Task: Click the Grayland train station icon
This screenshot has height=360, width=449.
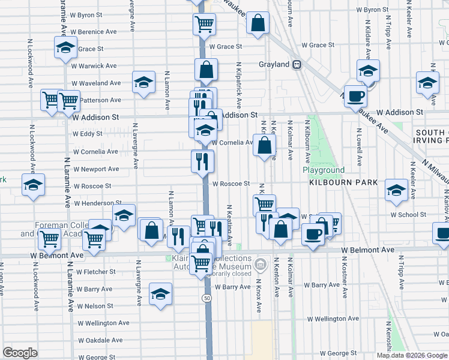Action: click(297, 65)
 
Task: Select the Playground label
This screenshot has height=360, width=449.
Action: click(323, 170)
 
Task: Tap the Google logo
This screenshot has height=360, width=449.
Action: click(20, 353)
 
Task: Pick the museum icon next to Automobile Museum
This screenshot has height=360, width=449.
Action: click(261, 264)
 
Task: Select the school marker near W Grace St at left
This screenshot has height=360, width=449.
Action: click(65, 48)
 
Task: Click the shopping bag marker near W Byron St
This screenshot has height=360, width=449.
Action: click(258, 23)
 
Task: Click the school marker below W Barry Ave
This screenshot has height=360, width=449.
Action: click(160, 294)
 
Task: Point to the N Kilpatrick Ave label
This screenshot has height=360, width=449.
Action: click(238, 84)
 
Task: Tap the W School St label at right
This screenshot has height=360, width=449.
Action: click(408, 214)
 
